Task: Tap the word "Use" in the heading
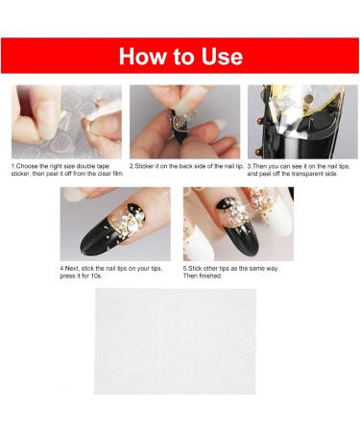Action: click(220, 56)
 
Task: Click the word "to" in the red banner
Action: click(181, 56)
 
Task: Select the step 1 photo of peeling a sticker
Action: click(66, 122)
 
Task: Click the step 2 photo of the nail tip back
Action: click(184, 122)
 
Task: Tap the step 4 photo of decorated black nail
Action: click(115, 224)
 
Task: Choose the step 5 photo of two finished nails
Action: click(237, 224)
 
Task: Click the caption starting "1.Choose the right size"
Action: click(66, 170)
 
